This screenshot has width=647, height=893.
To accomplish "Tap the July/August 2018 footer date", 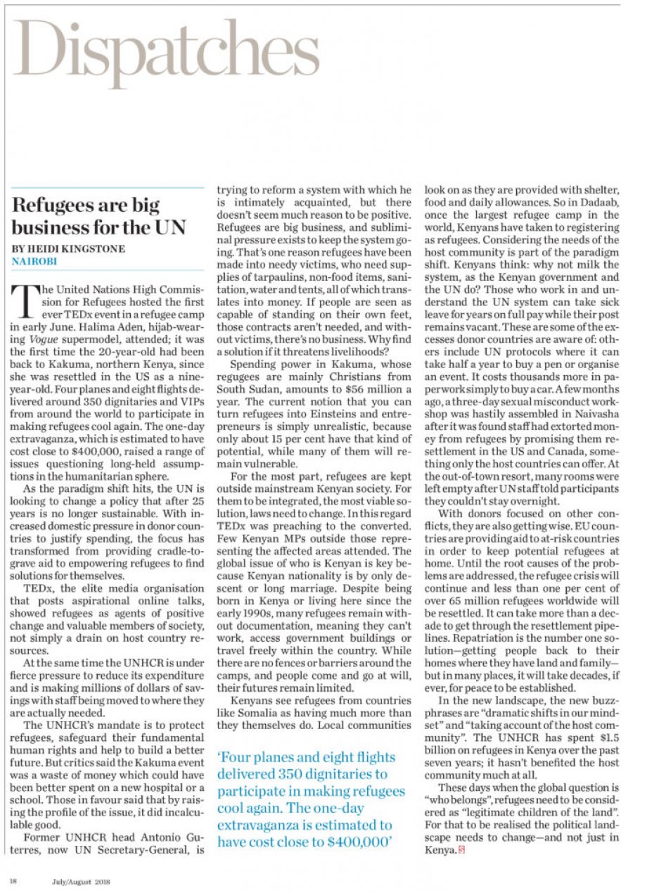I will pos(80,880).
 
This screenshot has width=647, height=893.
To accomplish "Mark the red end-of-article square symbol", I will pos(462,850).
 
